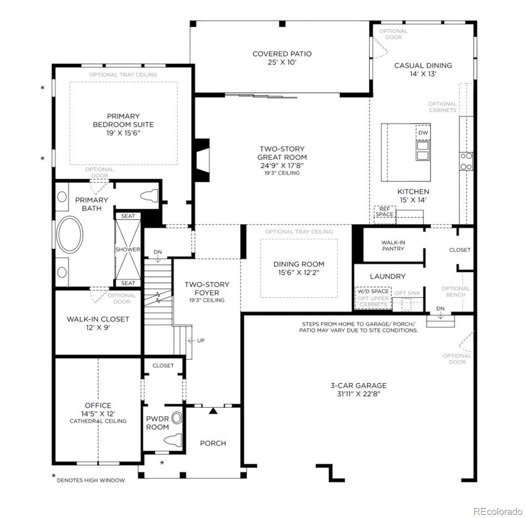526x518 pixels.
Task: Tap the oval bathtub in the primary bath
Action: tap(70, 234)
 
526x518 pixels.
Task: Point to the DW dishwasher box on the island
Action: tap(423, 133)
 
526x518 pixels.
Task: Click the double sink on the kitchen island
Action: tap(423, 151)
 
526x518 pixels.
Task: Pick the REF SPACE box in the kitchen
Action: tap(384, 215)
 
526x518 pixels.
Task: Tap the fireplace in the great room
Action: tap(202, 160)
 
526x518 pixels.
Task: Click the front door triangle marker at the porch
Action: tap(213, 411)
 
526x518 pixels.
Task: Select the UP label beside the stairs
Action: tap(201, 341)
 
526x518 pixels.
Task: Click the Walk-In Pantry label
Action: tap(393, 246)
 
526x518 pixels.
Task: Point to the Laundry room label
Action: tap(387, 276)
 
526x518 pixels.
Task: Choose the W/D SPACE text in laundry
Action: tap(373, 291)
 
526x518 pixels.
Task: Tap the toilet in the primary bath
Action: tap(149, 196)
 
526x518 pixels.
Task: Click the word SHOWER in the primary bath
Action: tap(128, 250)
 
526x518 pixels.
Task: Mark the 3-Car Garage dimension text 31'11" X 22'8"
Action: tap(359, 394)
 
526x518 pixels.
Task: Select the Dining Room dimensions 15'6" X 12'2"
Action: tap(299, 272)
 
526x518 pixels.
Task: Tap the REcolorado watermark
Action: tap(498, 511)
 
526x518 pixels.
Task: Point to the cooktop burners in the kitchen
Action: tap(466, 161)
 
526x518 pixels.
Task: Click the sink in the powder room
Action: tap(176, 418)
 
